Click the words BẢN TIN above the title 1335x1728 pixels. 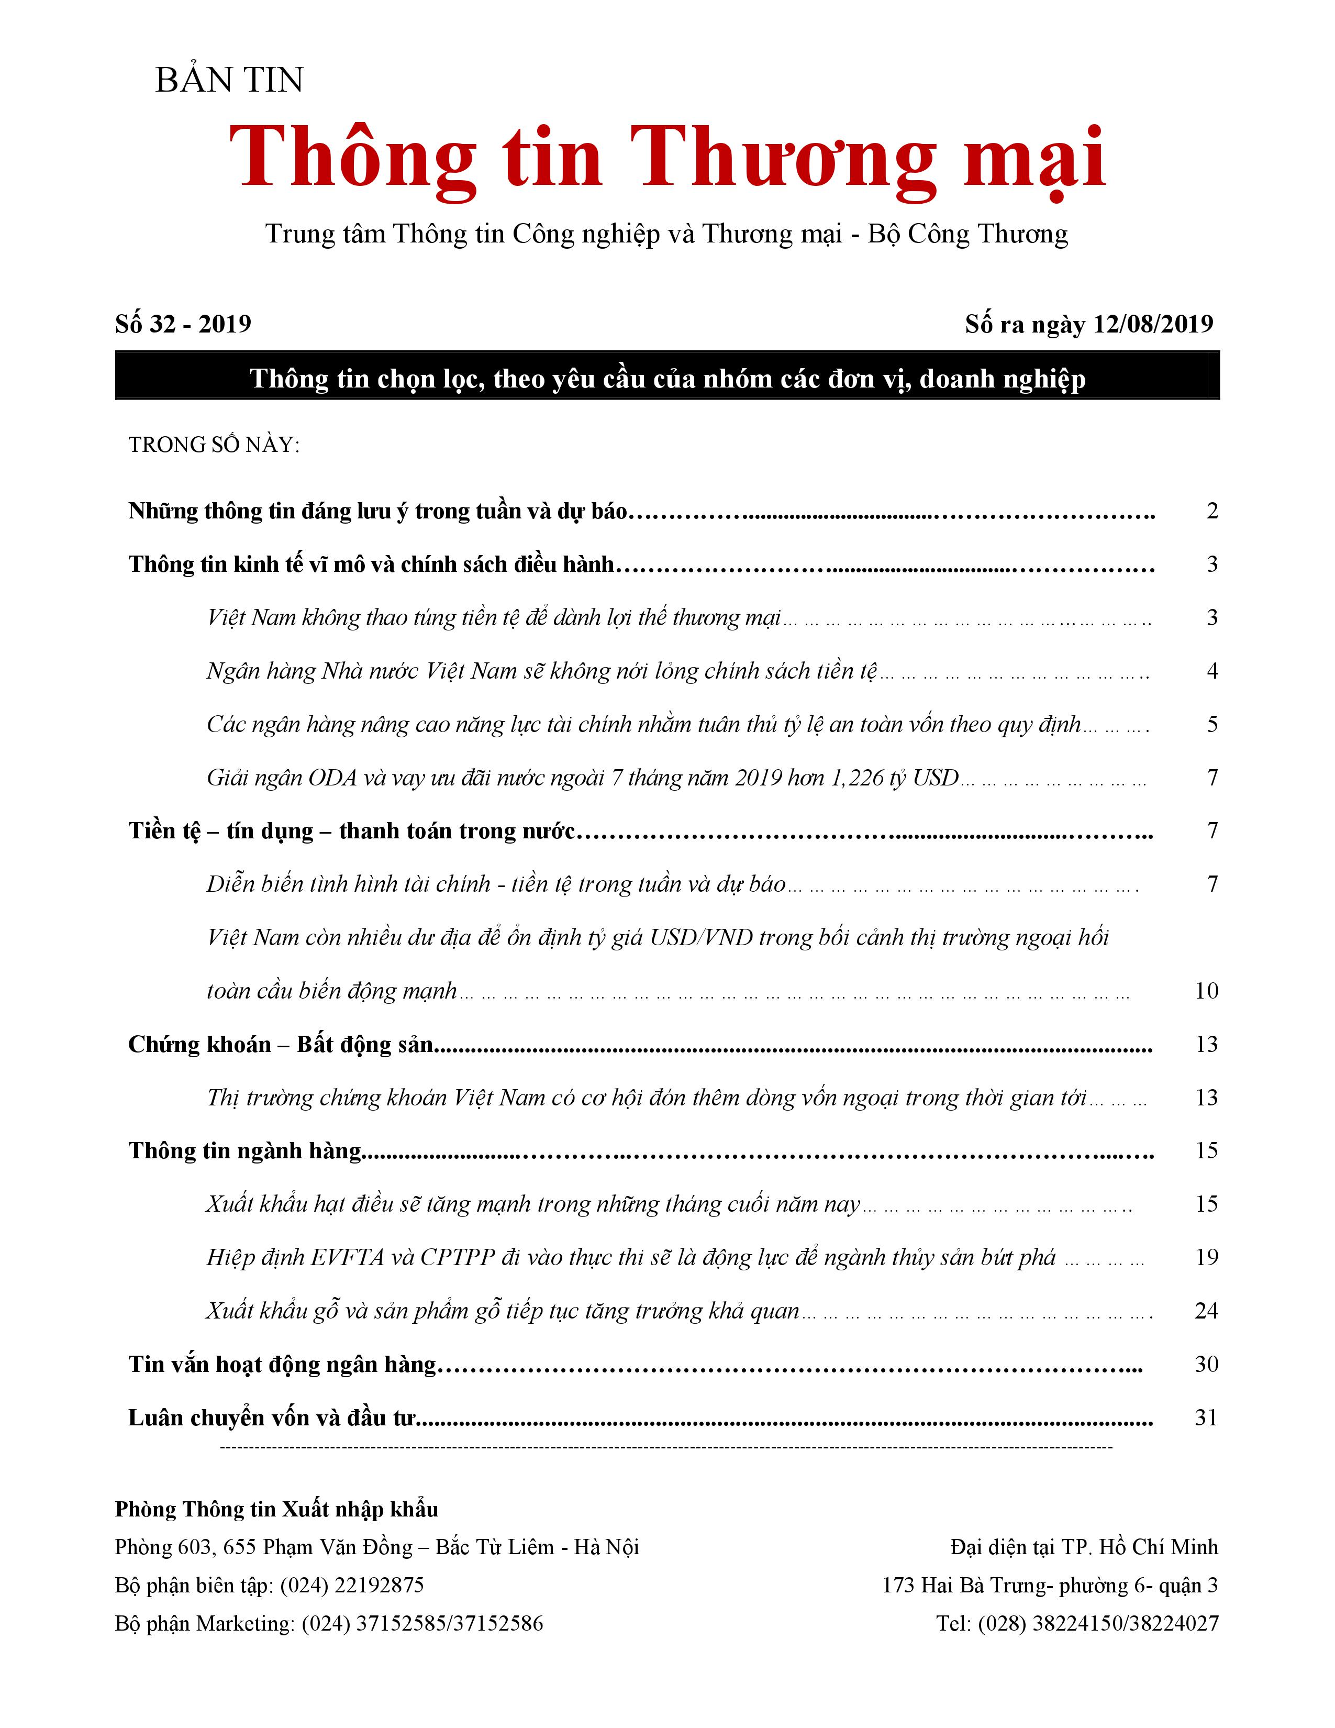tap(229, 80)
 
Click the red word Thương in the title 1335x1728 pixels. tap(783, 158)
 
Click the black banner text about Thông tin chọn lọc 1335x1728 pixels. tap(667, 379)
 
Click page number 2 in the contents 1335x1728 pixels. tap(1211, 511)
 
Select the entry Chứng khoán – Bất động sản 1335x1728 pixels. tap(281, 1045)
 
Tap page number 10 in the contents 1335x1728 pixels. tap(1206, 991)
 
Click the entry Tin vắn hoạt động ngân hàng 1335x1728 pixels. tap(282, 1364)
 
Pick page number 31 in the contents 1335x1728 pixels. tap(1206, 1417)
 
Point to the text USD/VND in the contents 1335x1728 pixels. tap(700, 938)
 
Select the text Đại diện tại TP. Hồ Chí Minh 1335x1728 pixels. tap(1084, 1547)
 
